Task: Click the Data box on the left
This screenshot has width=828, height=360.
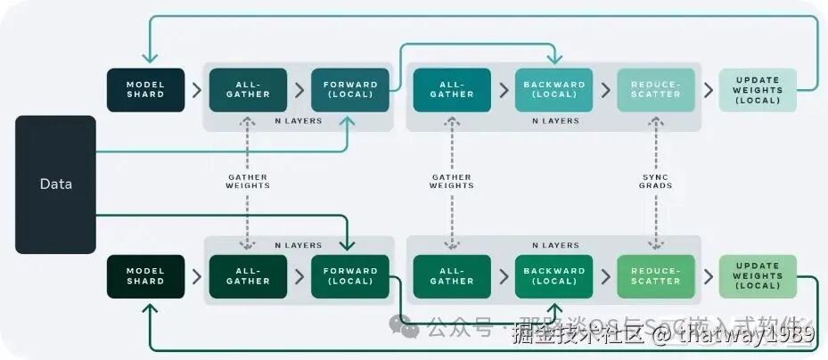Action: tap(55, 184)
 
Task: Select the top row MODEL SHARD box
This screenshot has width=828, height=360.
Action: tap(145, 90)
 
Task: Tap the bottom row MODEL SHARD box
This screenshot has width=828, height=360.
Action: tap(145, 276)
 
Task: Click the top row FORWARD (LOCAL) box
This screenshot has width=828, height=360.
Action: tap(350, 90)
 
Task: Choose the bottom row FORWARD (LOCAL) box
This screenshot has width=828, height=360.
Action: tap(350, 276)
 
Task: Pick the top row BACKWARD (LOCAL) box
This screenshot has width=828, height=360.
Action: tap(553, 90)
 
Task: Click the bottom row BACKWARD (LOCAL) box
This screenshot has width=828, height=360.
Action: tap(553, 276)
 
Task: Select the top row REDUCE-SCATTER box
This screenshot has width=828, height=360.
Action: tap(656, 90)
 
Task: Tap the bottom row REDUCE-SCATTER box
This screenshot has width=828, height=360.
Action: tap(656, 276)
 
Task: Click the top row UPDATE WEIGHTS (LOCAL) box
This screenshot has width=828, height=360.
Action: tap(758, 90)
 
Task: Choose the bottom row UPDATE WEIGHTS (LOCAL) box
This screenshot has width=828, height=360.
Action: tap(758, 276)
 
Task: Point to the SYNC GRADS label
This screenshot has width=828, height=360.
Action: tap(656, 182)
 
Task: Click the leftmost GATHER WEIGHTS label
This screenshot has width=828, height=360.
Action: tap(247, 182)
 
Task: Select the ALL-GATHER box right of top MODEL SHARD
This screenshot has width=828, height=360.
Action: tap(248, 90)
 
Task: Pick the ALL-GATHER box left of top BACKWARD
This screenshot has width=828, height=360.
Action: tap(452, 90)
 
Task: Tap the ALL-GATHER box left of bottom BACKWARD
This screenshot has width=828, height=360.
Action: tap(452, 276)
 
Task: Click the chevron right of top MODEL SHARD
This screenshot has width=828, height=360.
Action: tap(196, 90)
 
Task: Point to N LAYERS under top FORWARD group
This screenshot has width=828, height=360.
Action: tap(299, 120)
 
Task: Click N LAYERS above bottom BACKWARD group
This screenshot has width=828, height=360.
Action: tap(554, 245)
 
